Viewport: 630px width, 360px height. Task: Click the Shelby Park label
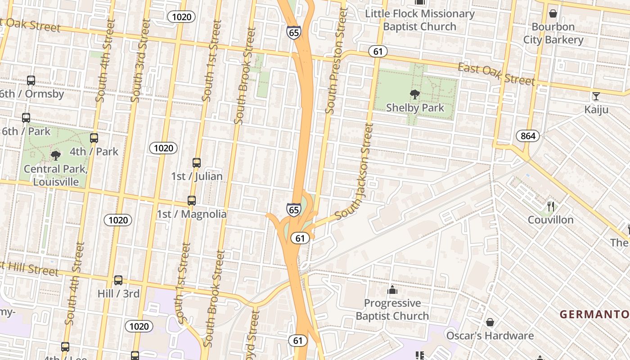(415, 108)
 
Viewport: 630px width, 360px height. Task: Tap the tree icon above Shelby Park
(415, 94)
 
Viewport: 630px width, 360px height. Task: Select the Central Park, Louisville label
(56, 175)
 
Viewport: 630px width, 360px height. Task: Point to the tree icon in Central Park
(56, 156)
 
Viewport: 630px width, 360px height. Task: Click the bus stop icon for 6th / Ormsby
(31, 81)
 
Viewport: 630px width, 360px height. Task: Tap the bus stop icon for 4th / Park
(94, 138)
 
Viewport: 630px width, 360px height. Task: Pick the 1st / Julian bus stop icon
(197, 162)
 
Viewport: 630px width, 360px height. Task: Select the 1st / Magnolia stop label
(192, 214)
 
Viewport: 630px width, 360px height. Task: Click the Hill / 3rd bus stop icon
(118, 280)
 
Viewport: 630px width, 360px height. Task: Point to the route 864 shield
(527, 136)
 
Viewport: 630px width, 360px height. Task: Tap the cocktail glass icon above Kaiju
(596, 96)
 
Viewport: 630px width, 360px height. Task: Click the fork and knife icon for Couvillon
(551, 207)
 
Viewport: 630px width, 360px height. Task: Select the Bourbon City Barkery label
(553, 33)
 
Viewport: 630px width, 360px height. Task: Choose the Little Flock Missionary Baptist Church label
(420, 20)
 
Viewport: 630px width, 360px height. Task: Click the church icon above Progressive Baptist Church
(392, 290)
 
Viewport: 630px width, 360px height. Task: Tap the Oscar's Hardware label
(490, 336)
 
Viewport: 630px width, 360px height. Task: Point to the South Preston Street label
(337, 61)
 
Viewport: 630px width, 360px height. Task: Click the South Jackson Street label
(359, 171)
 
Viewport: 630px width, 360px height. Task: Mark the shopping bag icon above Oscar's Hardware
(490, 322)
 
